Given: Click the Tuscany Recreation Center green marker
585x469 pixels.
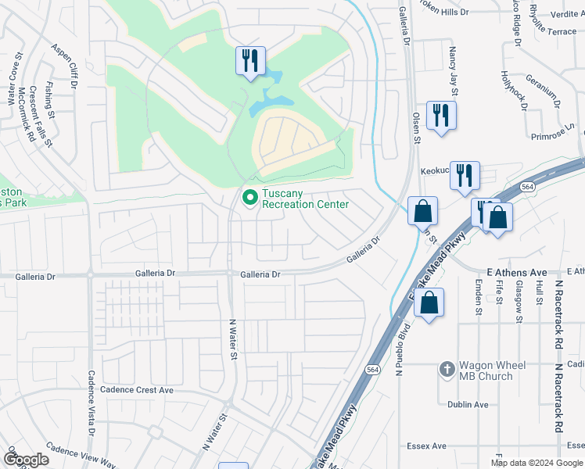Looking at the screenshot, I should coord(250,198).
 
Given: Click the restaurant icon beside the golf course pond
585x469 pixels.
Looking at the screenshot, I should coord(250,60).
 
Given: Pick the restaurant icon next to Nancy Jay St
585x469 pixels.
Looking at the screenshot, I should coord(441,116).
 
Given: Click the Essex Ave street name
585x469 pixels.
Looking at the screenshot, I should coord(426,446).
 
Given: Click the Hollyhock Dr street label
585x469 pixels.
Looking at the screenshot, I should coord(512,91).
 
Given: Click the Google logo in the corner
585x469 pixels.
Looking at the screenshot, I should coord(26,460).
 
